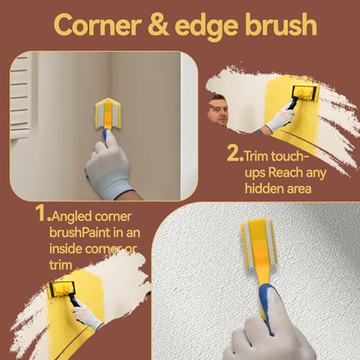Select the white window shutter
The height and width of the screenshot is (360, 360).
(19, 94)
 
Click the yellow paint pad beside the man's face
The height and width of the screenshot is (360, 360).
(304, 94)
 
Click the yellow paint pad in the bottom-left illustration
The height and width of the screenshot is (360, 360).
(61, 289)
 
